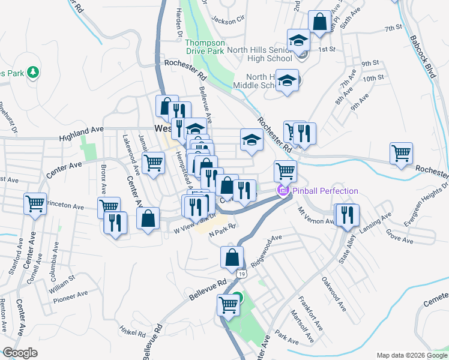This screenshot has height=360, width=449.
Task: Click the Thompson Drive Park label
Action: pyautogui.click(x=204, y=47)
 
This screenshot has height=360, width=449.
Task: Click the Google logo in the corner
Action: pyautogui.click(x=20, y=353)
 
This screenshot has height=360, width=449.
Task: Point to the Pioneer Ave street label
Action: pyautogui.click(x=71, y=297)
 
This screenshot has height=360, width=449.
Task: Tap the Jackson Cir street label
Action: pyautogui.click(x=228, y=20)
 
